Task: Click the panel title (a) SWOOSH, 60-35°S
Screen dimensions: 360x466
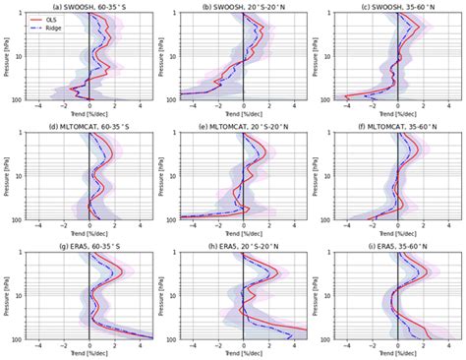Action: coord(89,6)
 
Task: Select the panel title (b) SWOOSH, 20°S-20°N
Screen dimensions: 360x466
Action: coord(244,6)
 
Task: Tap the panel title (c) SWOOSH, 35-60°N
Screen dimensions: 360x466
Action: coord(398,6)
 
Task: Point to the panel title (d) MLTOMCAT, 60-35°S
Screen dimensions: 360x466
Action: coord(89,127)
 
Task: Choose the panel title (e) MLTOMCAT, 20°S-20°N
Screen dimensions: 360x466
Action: coord(244,127)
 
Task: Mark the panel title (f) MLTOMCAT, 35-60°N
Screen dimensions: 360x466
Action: coord(398,127)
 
